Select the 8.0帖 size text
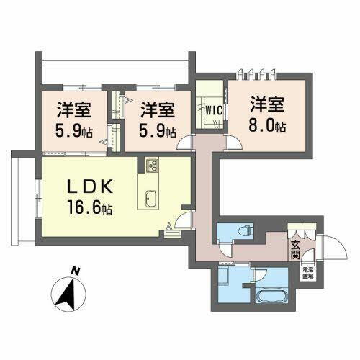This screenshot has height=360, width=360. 268,127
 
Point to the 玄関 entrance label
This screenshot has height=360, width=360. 296,248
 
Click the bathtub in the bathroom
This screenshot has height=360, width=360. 269,297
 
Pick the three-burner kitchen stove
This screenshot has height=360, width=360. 153,165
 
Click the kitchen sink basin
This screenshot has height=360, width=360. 152,197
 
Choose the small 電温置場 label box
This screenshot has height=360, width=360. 307,273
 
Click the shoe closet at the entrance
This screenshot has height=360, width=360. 300,231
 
